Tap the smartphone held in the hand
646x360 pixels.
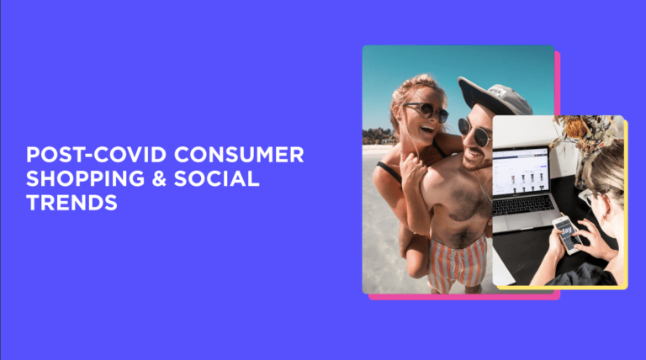[x=565, y=233]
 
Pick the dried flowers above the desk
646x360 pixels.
[x=580, y=130]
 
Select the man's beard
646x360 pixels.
[x=475, y=160]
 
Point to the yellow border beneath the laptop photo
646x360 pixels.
[x=559, y=288]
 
